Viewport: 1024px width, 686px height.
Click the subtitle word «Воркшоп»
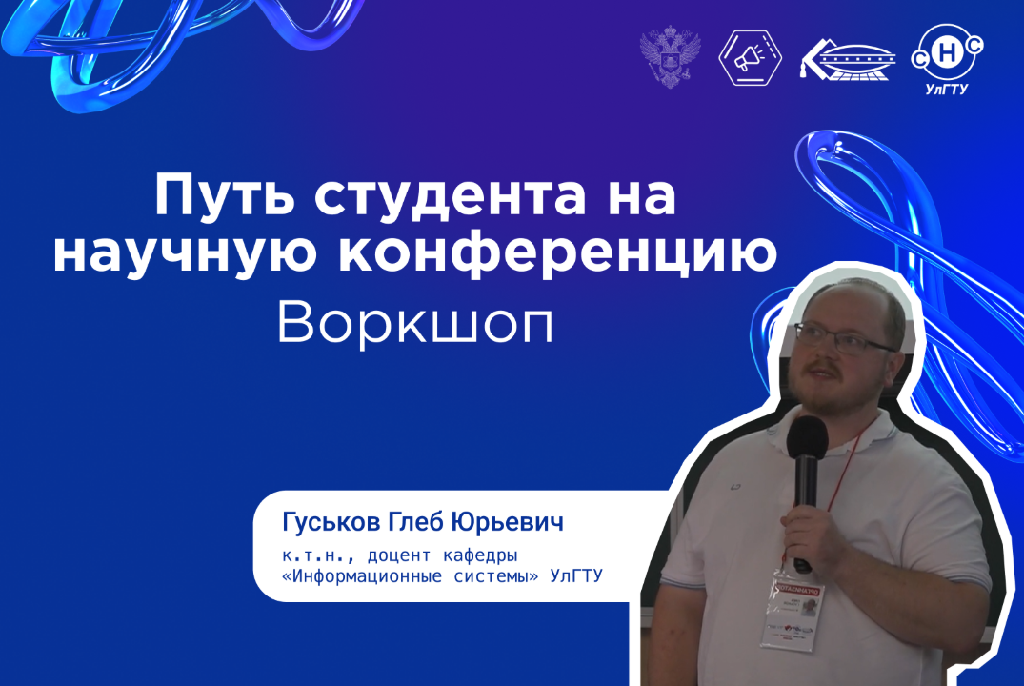click(x=415, y=325)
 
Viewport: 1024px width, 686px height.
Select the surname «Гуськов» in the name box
click(x=325, y=523)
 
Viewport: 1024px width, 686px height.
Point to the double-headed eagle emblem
click(x=671, y=56)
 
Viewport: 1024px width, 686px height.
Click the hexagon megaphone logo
click(x=750, y=57)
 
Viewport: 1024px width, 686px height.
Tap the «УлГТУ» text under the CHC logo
click(x=948, y=91)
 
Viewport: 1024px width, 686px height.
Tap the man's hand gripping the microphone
click(x=806, y=534)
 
